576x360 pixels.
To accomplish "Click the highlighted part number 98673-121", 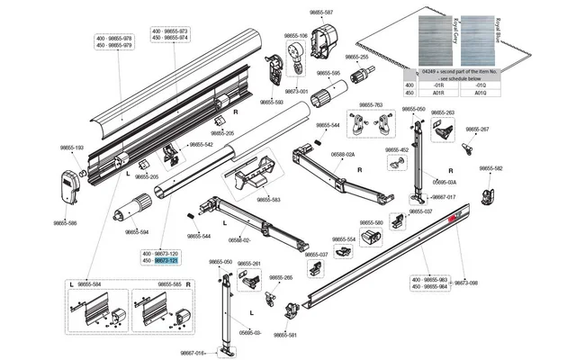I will tap(166, 261).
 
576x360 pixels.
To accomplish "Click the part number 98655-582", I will tap(491, 168).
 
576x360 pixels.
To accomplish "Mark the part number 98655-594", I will tap(137, 232).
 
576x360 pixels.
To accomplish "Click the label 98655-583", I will tap(266, 199).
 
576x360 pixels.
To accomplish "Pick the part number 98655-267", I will tap(478, 130).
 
